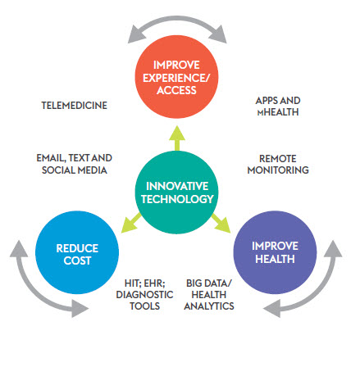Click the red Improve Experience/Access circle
pos(176,77)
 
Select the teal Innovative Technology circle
pos(177,193)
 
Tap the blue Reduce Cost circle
pos(77,252)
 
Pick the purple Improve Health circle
pos(275,252)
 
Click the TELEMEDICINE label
pos(75,106)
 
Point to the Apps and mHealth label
pos(278,106)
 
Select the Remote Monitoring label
pos(278,164)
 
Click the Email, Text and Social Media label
pos(75,164)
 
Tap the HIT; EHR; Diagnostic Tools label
pos(144,295)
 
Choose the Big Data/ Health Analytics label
pos(209,295)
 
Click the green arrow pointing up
pos(177,138)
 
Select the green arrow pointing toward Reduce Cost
pos(130,223)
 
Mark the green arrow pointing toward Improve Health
pos(221,223)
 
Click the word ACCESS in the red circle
pos(176,90)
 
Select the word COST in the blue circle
pos(77,261)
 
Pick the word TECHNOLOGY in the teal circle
pos(177,199)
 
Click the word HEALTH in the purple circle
pos(275,259)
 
